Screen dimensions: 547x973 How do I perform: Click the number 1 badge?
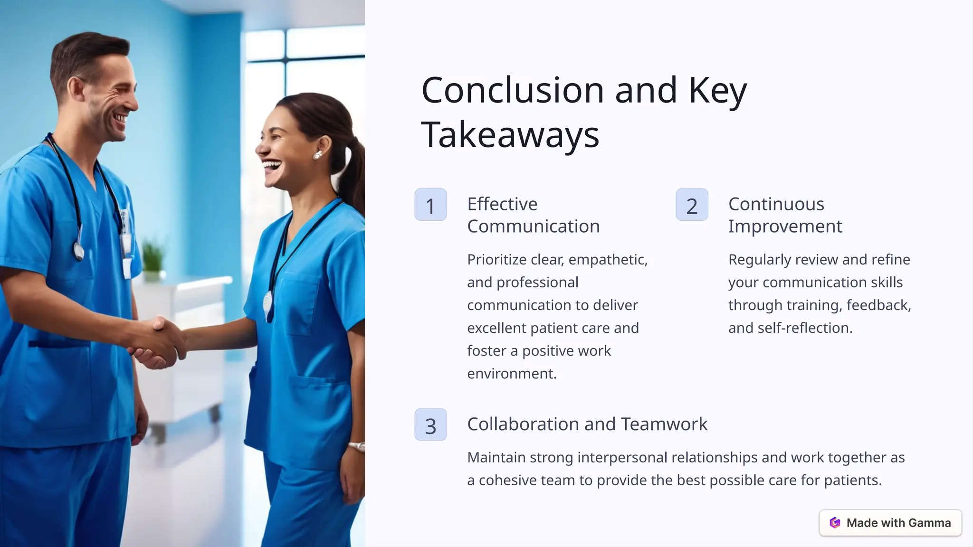pyautogui.click(x=430, y=205)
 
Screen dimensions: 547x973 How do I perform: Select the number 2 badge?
pyautogui.click(x=692, y=205)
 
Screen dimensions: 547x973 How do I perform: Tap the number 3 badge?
pyautogui.click(x=430, y=424)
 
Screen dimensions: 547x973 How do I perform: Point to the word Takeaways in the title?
pyautogui.click(x=510, y=135)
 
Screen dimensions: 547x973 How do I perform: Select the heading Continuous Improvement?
pyautogui.click(x=785, y=215)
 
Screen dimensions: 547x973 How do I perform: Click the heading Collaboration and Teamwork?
pyautogui.click(x=587, y=424)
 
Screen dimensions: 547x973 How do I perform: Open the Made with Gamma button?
pyautogui.click(x=890, y=523)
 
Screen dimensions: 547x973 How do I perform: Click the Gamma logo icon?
pyautogui.click(x=835, y=523)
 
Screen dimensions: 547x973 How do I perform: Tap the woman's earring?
pyautogui.click(x=317, y=154)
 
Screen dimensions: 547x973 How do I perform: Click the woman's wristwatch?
pyautogui.click(x=356, y=446)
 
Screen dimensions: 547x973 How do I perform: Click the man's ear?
pyautogui.click(x=76, y=88)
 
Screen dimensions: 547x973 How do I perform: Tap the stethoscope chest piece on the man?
pyautogui.click(x=79, y=250)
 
